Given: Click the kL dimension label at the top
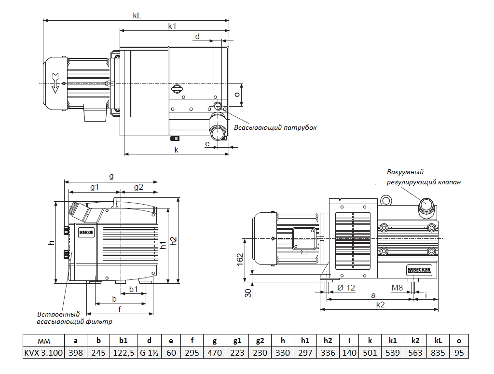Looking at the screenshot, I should [x=137, y=15].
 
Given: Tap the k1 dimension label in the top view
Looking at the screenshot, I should [x=172, y=26].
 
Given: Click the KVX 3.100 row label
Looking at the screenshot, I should [x=43, y=352].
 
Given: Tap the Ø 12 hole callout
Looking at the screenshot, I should [x=346, y=288].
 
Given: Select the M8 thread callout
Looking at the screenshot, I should [x=397, y=288].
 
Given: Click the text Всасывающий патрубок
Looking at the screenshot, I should [x=275, y=128].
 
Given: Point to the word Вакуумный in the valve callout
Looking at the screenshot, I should [x=405, y=172].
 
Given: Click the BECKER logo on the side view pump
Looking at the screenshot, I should [x=419, y=269].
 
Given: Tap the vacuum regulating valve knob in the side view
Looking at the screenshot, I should [x=426, y=205].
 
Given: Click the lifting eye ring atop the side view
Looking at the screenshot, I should [x=385, y=200].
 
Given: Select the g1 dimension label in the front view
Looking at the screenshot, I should [x=95, y=187].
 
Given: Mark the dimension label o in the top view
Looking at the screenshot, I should [x=237, y=95].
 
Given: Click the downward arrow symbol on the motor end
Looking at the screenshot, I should [x=55, y=83].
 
